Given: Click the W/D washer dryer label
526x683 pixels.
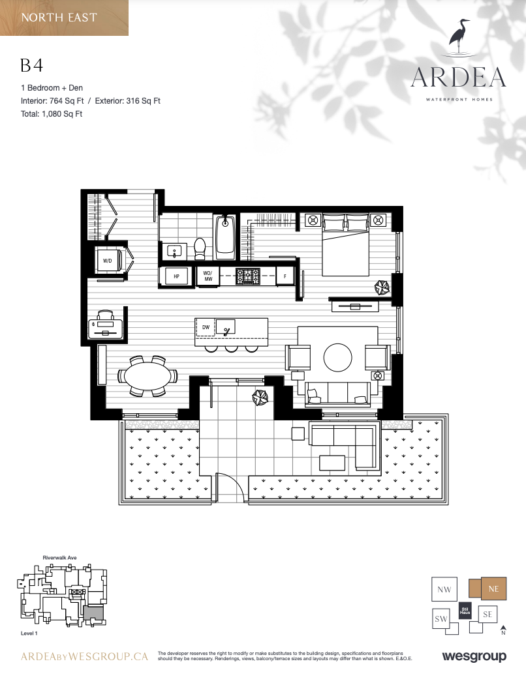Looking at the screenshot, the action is click(107, 261).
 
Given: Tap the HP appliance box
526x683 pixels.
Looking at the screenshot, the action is click(176, 276).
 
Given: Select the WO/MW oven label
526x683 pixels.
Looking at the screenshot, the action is click(208, 276).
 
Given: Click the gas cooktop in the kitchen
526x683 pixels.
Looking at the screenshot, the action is click(248, 276).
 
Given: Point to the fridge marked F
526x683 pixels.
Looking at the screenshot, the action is click(285, 276).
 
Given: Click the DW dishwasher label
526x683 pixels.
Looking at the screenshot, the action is click(206, 327).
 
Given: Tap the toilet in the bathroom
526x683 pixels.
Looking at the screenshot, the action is click(200, 248).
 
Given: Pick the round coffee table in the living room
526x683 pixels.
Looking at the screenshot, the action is click(337, 358).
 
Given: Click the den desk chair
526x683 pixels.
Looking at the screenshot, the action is click(105, 315).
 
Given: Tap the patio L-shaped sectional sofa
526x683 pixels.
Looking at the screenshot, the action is click(343, 443).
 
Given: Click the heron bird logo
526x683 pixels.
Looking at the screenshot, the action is click(460, 37).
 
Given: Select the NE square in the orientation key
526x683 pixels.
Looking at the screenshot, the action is click(493, 589).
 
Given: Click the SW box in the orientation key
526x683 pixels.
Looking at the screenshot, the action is click(441, 619).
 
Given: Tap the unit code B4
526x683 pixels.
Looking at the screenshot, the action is click(31, 65).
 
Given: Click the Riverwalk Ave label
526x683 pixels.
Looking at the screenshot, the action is click(60, 558).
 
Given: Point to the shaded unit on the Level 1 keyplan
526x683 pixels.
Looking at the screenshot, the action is click(94, 613).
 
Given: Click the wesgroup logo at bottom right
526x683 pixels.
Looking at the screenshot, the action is click(474, 656).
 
